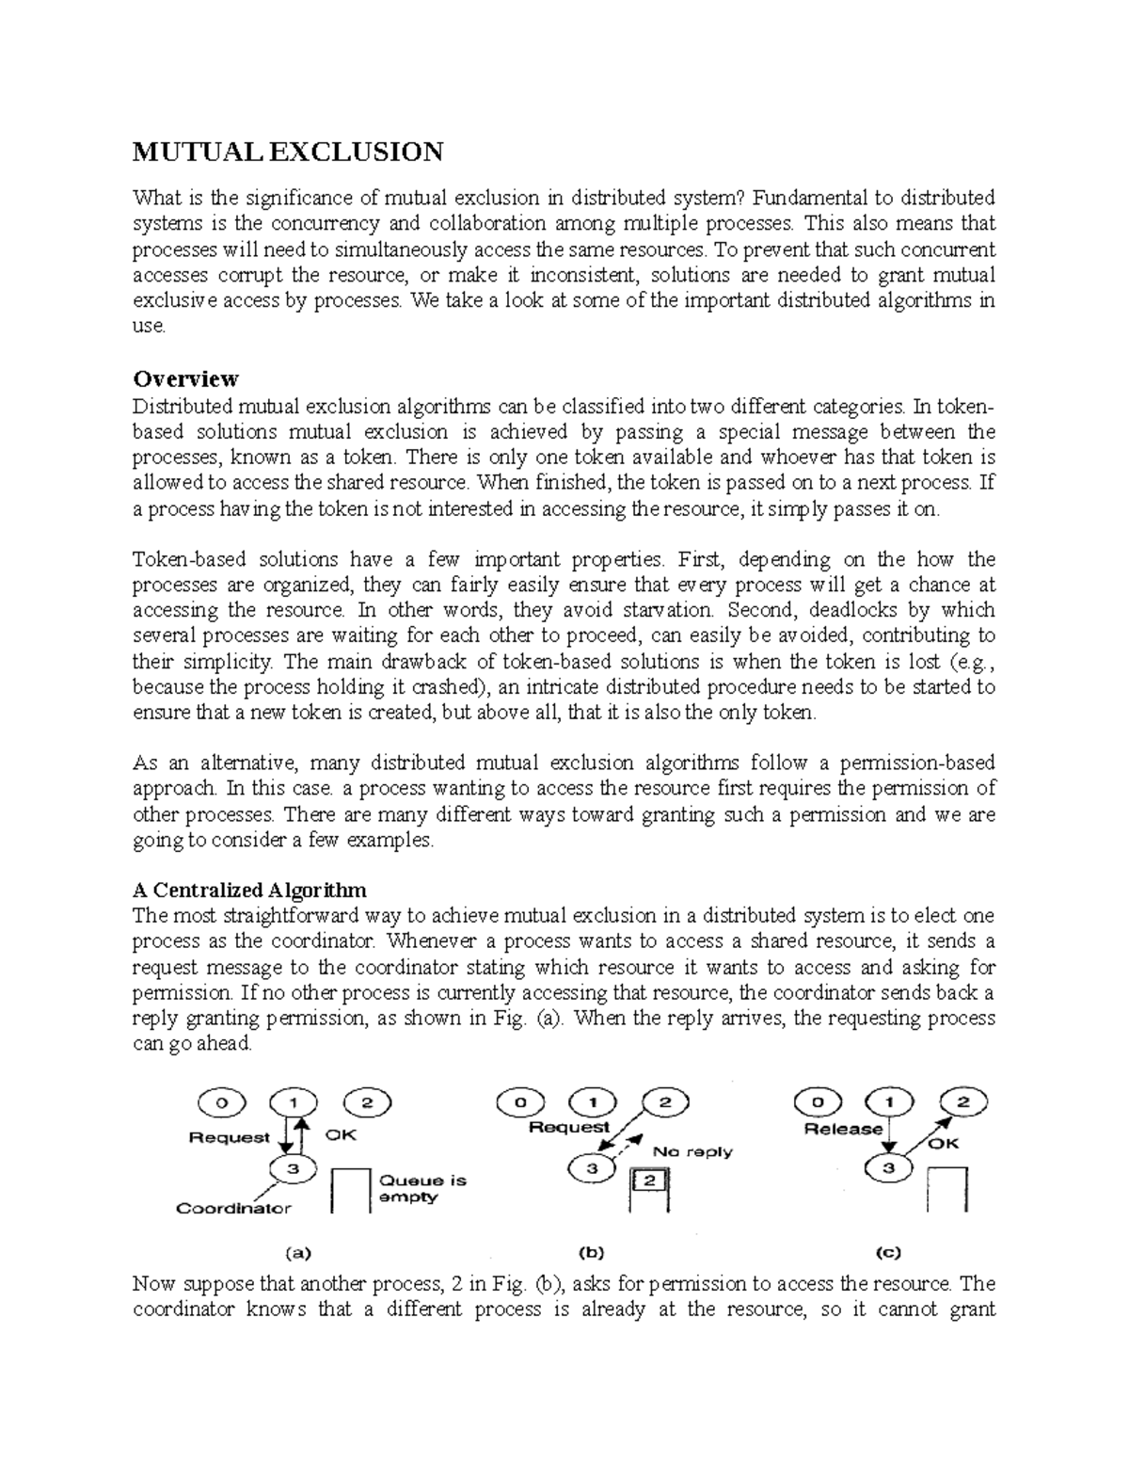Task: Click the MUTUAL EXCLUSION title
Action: pos(287,152)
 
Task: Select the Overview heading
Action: pos(185,378)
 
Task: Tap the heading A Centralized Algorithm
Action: pos(249,890)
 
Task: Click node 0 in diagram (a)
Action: pos(221,1102)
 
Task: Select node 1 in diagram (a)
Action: pos(294,1102)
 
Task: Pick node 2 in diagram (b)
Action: pos(663,1102)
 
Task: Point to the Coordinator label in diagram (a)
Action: pos(233,1208)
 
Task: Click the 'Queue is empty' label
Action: pos(421,1189)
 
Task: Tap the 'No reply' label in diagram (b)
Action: pos(692,1151)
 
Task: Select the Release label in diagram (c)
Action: pos(844,1129)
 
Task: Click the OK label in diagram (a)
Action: pos(341,1135)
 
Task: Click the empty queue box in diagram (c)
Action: pos(947,1190)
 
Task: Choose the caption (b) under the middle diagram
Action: pos(591,1252)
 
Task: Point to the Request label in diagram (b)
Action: pos(569,1127)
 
